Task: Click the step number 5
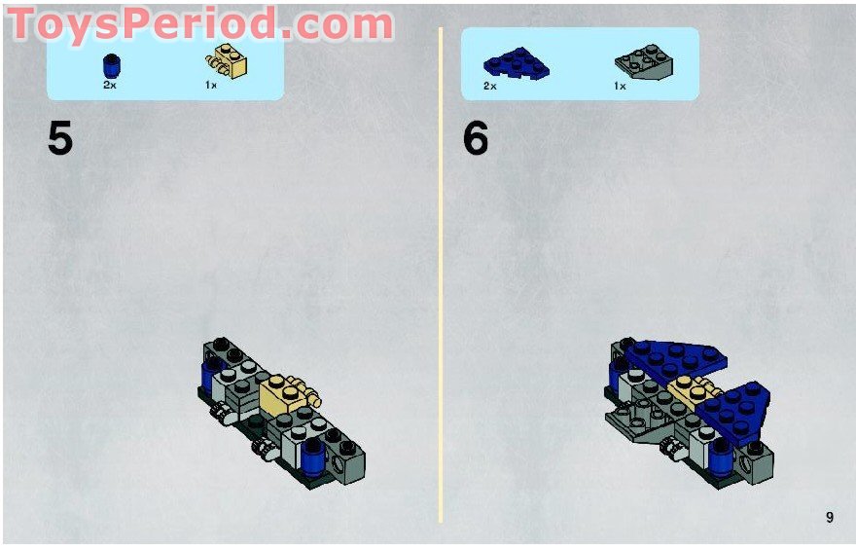click(x=59, y=139)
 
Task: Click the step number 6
click(x=475, y=139)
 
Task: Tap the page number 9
click(x=829, y=518)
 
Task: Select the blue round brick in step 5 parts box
click(x=110, y=66)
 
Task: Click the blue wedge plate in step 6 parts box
click(x=516, y=64)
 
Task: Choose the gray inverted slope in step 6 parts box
click(x=645, y=64)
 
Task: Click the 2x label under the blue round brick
click(x=110, y=86)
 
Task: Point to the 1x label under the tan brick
click(x=211, y=86)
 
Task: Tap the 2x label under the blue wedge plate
click(x=490, y=87)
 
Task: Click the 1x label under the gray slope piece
click(x=619, y=87)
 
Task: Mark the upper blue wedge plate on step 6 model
click(x=671, y=357)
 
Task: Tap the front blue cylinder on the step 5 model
click(x=312, y=454)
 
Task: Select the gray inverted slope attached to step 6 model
click(x=632, y=424)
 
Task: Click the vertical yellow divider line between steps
click(x=441, y=273)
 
